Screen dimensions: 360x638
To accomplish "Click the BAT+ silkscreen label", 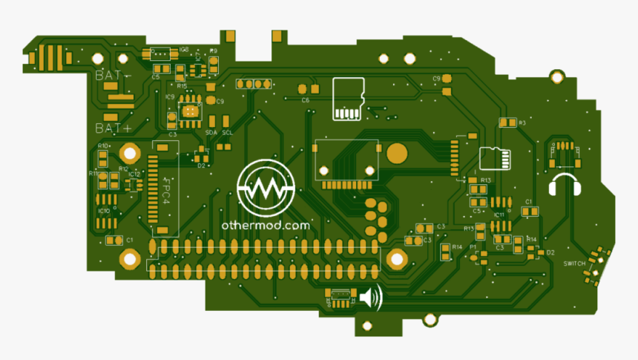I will [x=113, y=128].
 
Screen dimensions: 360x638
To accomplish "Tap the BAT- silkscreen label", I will [x=111, y=75].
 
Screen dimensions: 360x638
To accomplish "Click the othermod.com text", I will [x=265, y=224].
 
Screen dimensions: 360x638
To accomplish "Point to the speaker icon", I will [x=371, y=298].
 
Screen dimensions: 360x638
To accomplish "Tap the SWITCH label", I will [x=574, y=264].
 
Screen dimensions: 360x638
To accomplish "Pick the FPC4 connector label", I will [x=166, y=192].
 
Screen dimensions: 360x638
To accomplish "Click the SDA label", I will [x=211, y=132].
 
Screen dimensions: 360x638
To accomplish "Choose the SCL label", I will [x=228, y=132].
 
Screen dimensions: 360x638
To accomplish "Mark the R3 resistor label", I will [x=522, y=122].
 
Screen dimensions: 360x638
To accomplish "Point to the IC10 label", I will [x=104, y=211].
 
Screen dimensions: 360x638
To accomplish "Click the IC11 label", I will [x=499, y=215].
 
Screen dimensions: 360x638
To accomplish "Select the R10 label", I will [x=103, y=145].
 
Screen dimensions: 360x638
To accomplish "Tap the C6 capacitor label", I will [x=305, y=99].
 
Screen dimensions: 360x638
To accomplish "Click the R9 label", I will [x=214, y=50].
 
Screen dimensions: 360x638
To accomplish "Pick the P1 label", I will [x=473, y=246].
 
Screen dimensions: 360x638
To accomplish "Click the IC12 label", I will [x=134, y=174].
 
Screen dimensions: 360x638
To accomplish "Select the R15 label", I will [x=182, y=86].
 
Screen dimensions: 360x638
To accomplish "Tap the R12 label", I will [x=124, y=169].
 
